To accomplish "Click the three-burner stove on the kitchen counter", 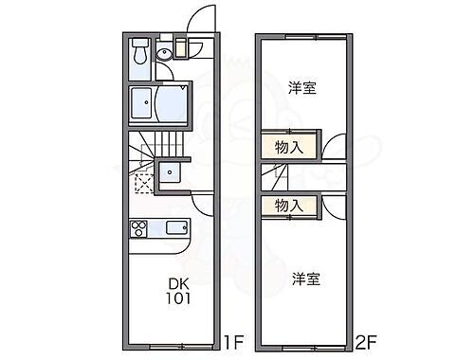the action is coord(137,228).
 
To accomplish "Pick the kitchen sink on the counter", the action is coord(176,228).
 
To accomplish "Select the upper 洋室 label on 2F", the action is coord(302,88).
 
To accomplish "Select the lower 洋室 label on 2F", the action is coord(304,279).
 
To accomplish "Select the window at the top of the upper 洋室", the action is coord(317,36).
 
